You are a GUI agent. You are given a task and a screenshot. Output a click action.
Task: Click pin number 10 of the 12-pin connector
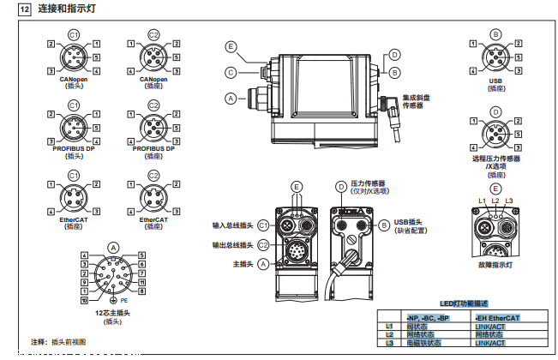83,301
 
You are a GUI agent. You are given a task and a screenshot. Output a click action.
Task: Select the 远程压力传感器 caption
495,159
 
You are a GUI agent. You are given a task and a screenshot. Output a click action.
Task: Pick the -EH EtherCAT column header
498,318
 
